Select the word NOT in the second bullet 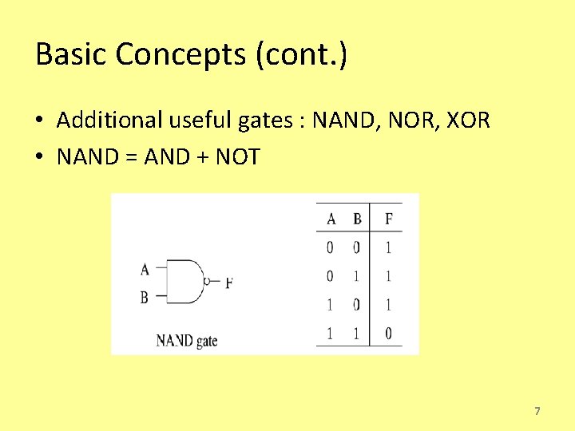(238, 156)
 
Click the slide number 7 (537, 411)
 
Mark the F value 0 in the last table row (388, 333)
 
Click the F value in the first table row (388, 247)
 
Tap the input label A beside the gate (144, 269)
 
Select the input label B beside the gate (144, 297)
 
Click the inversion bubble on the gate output (207, 282)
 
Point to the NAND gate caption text (187, 341)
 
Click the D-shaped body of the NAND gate (185, 282)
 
